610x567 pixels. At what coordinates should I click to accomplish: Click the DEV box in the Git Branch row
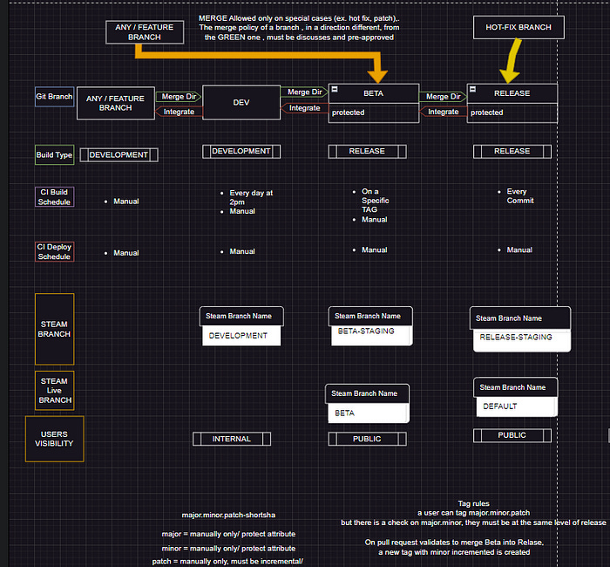click(241, 102)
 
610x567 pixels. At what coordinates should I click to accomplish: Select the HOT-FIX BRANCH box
click(518, 28)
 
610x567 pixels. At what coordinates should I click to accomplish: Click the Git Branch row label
click(54, 97)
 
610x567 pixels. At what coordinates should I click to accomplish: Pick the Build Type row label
click(54, 155)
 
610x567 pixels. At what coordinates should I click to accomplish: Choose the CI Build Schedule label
click(54, 197)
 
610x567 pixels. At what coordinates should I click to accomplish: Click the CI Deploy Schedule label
click(54, 251)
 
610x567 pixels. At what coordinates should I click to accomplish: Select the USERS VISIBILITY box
click(54, 439)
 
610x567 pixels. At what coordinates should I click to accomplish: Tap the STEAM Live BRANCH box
click(54, 391)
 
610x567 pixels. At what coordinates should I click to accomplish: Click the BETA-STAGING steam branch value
click(366, 332)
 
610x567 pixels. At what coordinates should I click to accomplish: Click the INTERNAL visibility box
click(231, 439)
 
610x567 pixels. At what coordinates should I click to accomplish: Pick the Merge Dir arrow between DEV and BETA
click(304, 92)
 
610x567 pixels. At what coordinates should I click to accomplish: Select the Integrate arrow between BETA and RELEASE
click(443, 112)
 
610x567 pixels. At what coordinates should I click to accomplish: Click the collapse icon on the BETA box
click(334, 92)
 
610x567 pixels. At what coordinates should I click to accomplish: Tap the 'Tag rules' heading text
click(473, 503)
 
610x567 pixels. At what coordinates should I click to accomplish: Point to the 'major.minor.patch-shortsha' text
click(228, 516)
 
